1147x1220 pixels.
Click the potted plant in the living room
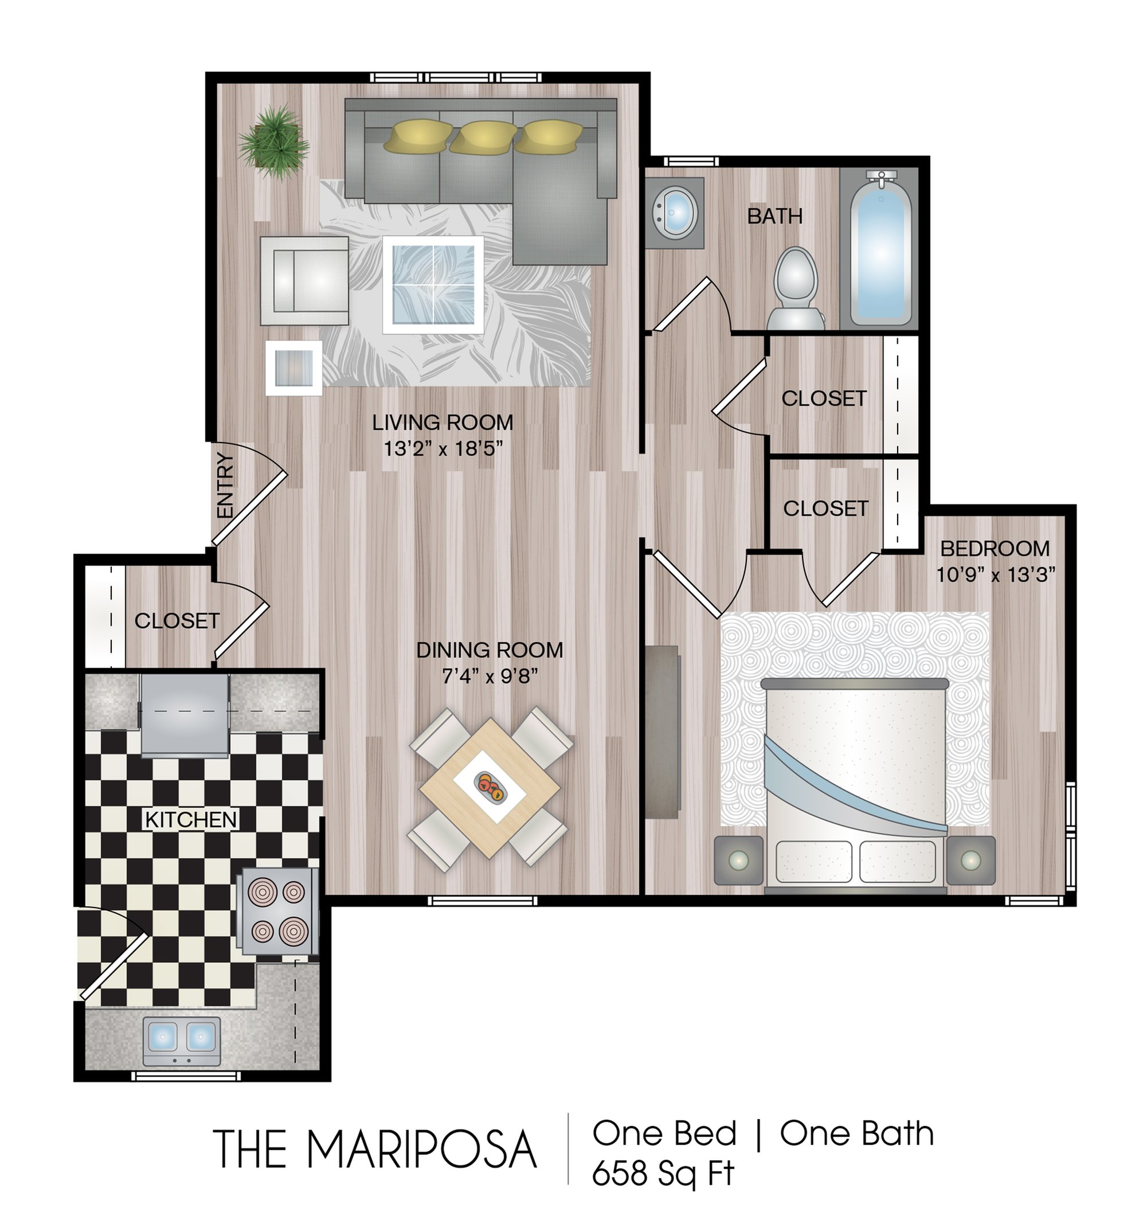click(x=273, y=142)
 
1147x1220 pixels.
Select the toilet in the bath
click(x=796, y=288)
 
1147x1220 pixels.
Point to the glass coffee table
click(x=433, y=285)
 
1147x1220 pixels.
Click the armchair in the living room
click(x=304, y=280)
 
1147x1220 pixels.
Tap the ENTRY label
click(x=226, y=486)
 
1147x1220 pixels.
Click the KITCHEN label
click(x=191, y=819)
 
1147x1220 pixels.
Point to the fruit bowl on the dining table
click(x=491, y=787)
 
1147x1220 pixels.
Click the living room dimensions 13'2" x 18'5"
click(x=443, y=448)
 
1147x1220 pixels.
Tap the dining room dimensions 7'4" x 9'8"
click(x=490, y=677)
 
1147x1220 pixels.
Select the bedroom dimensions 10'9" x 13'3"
click(x=996, y=575)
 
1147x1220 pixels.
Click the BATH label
click(x=774, y=216)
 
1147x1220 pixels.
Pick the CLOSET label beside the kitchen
click(x=177, y=621)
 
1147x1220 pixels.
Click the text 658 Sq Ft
click(x=663, y=1174)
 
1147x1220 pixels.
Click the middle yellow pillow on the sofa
click(x=483, y=137)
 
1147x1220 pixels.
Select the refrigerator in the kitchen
click(x=185, y=715)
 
